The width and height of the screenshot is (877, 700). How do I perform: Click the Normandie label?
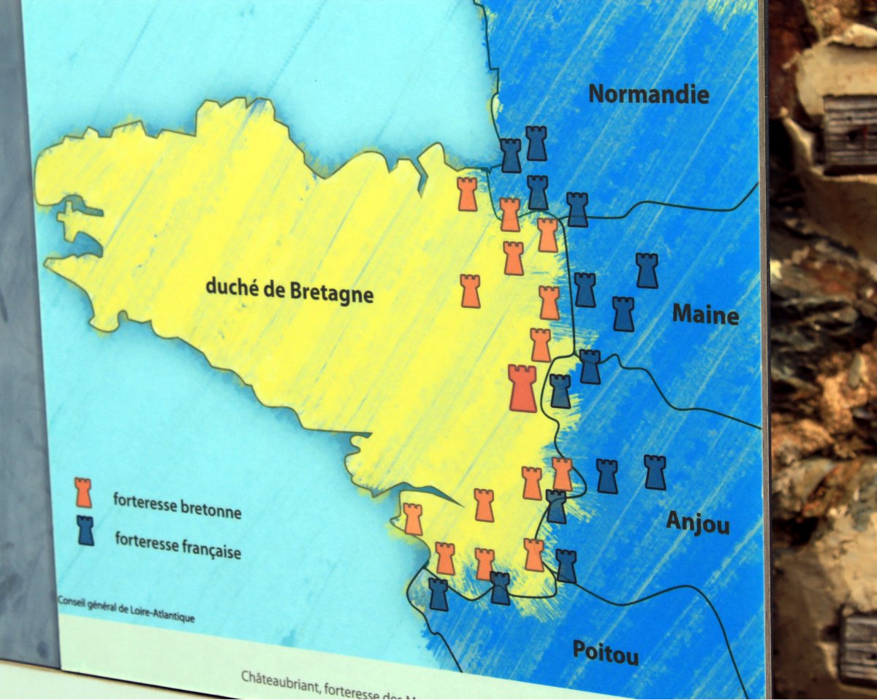(648, 94)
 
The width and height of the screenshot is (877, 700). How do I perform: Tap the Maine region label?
(705, 315)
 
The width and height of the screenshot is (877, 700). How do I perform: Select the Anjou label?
(698, 523)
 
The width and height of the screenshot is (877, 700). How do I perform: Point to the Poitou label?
(605, 652)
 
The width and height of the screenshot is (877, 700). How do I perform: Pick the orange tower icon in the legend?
(83, 493)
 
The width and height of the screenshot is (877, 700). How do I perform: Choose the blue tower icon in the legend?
(86, 531)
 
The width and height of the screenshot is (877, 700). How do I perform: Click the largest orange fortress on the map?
(522, 388)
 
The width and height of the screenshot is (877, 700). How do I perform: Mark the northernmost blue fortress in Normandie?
(536, 143)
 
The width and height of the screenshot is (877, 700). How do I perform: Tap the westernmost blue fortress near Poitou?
(438, 594)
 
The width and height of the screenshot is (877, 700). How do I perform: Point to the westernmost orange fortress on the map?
(412, 519)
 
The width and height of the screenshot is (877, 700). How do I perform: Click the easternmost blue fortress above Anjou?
(655, 472)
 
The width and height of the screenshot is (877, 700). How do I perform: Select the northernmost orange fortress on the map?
(467, 194)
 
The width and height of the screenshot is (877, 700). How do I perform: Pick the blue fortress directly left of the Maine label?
(623, 314)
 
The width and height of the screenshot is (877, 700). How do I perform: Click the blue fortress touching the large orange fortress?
(560, 391)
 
